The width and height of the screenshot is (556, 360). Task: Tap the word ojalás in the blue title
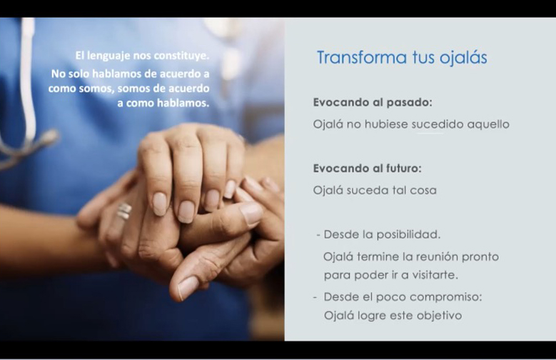pyautogui.click(x=463, y=58)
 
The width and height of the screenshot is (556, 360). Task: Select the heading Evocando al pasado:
pyautogui.click(x=373, y=102)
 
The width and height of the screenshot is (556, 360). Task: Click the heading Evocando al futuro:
pyautogui.click(x=368, y=168)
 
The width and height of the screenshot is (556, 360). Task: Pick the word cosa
pyautogui.click(x=423, y=191)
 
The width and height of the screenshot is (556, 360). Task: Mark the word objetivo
pyautogui.click(x=440, y=316)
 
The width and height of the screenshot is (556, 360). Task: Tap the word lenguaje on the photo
pyautogui.click(x=108, y=56)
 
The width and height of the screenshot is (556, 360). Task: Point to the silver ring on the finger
pyautogui.click(x=123, y=211)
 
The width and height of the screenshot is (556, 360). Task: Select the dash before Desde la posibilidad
pyautogui.click(x=318, y=235)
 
